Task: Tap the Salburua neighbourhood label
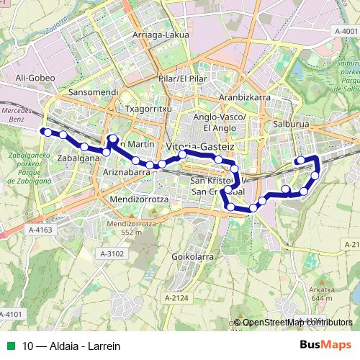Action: (292, 124)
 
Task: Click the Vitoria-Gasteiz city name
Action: (200, 146)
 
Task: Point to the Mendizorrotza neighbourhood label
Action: (140, 197)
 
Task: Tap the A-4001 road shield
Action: (346, 32)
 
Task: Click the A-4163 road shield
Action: (41, 230)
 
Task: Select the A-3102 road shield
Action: (112, 253)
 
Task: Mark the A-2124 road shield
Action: (176, 298)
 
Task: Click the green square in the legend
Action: (11, 345)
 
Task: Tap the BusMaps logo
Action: (325, 344)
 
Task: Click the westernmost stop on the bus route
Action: (43, 131)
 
